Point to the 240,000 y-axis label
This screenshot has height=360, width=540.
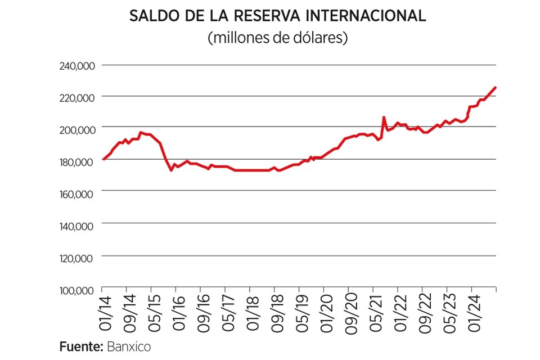point(77,66)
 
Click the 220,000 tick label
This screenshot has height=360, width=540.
point(77,98)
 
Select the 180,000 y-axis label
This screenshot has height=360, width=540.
point(77,162)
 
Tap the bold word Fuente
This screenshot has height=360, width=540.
point(80,345)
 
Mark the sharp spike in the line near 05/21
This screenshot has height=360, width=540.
point(384,118)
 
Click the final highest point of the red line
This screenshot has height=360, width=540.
point(495,87)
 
